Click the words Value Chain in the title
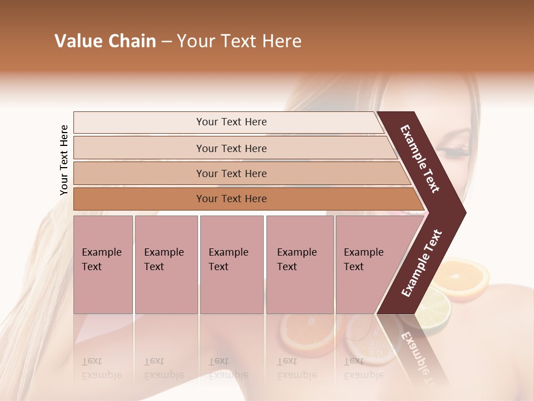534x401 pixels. (x=105, y=41)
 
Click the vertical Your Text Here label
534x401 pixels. (x=64, y=160)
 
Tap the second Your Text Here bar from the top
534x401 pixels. (x=231, y=148)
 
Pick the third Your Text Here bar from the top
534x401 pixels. (x=231, y=173)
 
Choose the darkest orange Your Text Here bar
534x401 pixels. (x=231, y=199)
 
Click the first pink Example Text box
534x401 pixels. (x=103, y=265)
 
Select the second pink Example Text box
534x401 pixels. (x=166, y=265)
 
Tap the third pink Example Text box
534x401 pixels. (x=231, y=265)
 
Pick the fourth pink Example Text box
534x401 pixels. (x=299, y=265)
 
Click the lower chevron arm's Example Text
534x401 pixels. (x=422, y=263)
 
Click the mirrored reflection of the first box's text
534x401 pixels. (x=93, y=368)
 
